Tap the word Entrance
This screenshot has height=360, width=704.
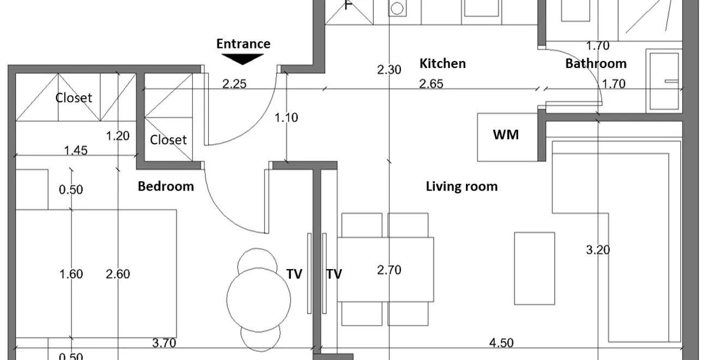(243, 44)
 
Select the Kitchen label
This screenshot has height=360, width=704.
(442, 64)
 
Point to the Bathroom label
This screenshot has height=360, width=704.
(596, 64)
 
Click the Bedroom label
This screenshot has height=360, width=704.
(166, 186)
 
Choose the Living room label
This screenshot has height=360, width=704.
(462, 186)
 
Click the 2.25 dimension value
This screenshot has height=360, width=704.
(234, 84)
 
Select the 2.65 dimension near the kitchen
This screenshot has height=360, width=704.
(431, 84)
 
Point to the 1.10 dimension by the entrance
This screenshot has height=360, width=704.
(286, 118)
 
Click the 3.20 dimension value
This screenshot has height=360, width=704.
(598, 250)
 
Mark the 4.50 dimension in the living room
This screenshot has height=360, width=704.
(501, 343)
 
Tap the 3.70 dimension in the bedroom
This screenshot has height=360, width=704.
(164, 343)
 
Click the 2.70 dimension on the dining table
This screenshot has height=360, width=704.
(390, 270)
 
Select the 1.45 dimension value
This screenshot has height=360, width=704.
(76, 151)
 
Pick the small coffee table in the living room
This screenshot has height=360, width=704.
(535, 269)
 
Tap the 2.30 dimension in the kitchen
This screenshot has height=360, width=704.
(389, 70)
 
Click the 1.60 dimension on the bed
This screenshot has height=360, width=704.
(71, 274)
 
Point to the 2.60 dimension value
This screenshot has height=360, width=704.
(118, 274)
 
